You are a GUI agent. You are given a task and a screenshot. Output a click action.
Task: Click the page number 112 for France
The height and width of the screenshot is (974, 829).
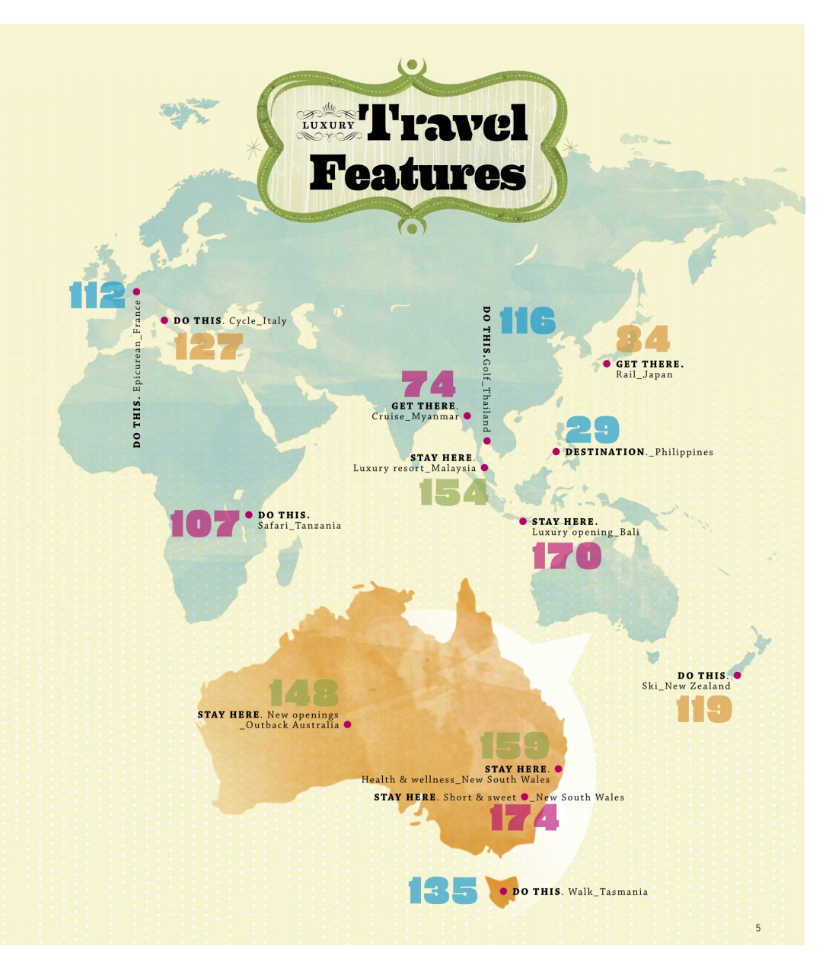coord(97,294)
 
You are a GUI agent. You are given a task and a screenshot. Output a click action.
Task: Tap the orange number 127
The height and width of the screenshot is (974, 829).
coord(208,346)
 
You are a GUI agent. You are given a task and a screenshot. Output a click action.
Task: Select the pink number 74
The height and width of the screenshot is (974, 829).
coord(428,384)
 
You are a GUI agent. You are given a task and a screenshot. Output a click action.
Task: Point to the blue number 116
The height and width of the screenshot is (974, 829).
coord(528,320)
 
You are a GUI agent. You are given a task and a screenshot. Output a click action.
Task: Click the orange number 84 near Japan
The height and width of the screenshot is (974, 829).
coord(642,339)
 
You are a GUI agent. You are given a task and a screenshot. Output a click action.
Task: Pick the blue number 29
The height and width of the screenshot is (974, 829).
coord(592,430)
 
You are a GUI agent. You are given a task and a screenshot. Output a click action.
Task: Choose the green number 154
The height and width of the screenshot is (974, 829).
coord(453,492)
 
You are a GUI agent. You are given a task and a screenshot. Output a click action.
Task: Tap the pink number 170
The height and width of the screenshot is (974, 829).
coord(566,556)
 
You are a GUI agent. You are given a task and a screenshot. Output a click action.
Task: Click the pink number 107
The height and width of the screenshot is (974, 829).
coord(204,524)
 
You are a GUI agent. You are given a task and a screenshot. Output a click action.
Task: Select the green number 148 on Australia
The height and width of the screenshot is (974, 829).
coord(304,692)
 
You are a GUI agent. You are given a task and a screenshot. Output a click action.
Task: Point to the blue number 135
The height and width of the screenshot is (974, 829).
coord(442,890)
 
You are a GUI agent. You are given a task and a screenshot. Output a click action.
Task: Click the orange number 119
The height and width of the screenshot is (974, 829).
coord(704,709)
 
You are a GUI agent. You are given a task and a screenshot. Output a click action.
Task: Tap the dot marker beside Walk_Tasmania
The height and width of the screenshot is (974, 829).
coord(503,891)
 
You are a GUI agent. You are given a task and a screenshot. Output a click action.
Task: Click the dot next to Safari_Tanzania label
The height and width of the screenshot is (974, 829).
coord(249,515)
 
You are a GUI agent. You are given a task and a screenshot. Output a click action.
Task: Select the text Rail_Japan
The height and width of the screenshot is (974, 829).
coord(644,374)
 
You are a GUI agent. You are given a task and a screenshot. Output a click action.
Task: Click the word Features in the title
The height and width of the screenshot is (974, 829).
coord(417,174)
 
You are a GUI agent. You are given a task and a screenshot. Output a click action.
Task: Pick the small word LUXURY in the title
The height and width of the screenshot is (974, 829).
coord(328,126)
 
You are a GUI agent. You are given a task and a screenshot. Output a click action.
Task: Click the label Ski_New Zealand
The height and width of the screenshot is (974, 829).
coord(686,686)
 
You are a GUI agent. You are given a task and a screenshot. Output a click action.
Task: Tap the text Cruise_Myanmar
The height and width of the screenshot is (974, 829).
coord(416,416)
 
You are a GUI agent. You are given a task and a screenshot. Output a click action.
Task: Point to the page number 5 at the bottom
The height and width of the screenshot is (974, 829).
coord(757,928)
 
